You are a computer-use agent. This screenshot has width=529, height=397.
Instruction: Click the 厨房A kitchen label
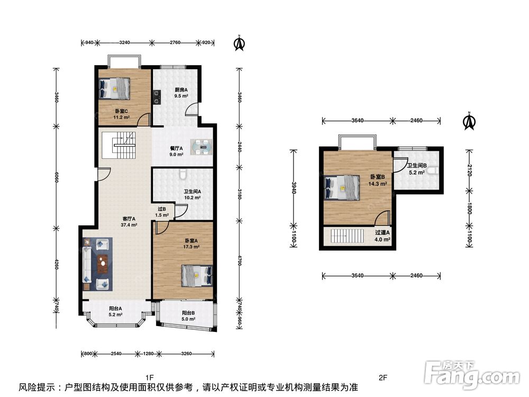[181, 90]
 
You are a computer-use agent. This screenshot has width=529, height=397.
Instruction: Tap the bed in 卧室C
[114, 88]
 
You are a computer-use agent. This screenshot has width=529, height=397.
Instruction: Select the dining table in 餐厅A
[202, 147]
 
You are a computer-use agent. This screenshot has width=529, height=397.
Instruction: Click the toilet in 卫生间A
[183, 174]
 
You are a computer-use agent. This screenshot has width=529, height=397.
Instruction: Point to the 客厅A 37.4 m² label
[129, 221]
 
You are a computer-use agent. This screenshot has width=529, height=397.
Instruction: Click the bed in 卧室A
[197, 275]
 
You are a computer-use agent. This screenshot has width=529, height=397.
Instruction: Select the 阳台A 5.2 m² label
[115, 311]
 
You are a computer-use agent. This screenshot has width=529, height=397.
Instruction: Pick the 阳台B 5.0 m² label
[188, 316]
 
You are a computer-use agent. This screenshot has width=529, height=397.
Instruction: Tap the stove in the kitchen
[157, 96]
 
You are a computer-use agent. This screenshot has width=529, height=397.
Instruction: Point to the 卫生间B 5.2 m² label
[417, 169]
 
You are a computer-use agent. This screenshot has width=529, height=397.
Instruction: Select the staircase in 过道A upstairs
[348, 236]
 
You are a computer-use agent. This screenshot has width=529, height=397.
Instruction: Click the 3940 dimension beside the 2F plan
[294, 188]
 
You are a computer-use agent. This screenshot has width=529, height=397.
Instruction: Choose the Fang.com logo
[472, 374]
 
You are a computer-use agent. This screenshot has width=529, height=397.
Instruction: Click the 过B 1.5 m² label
[162, 212]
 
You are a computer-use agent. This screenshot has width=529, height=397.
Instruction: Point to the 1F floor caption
[150, 377]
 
